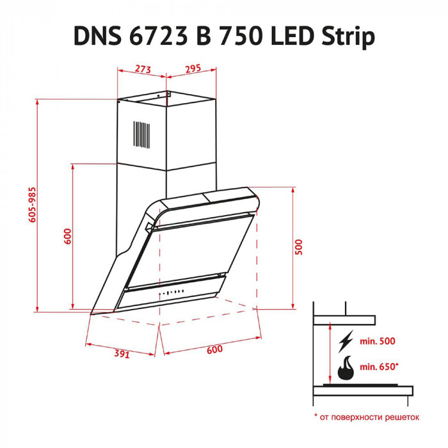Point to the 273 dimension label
(x=143, y=68)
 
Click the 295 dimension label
(x=193, y=68)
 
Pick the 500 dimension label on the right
(x=298, y=246)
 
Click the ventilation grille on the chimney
(x=141, y=136)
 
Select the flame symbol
(x=346, y=368)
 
